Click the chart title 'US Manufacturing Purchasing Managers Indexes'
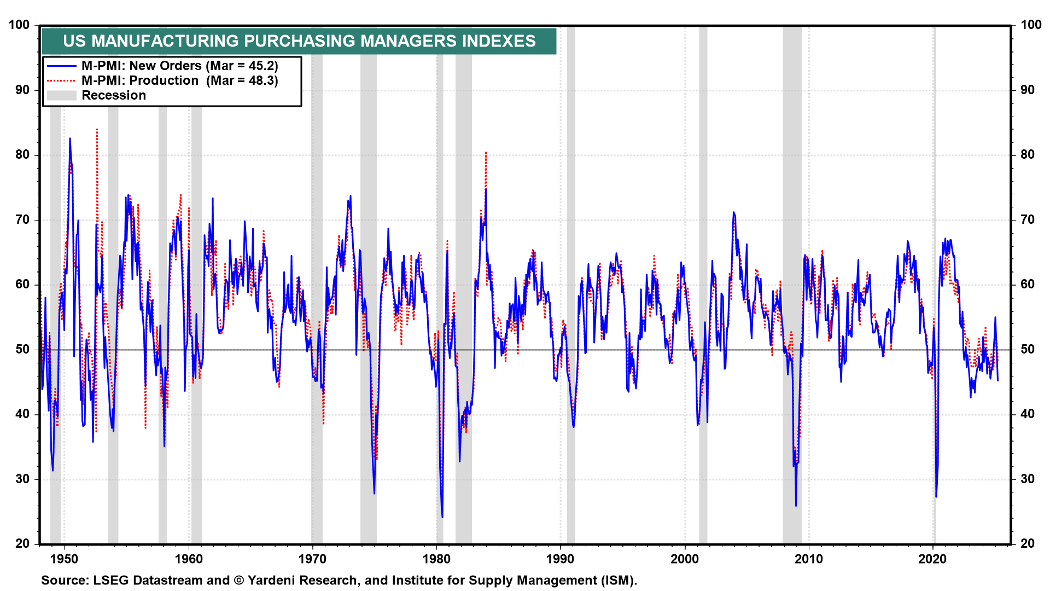[x=299, y=41]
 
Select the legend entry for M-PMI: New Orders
[x=179, y=66]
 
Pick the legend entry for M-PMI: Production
[x=179, y=80]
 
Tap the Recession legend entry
[x=114, y=95]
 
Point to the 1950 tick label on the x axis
[x=64, y=559]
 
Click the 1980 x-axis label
[x=436, y=559]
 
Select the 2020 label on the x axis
[x=932, y=559]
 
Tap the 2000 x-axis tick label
[x=685, y=559]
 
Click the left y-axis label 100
[x=19, y=25]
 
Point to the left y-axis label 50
[x=22, y=349]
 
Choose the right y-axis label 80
[x=1027, y=154]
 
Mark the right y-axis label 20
[x=1027, y=543]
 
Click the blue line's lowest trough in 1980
[x=442, y=517]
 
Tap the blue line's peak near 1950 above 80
[x=70, y=138]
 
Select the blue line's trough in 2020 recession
[x=936, y=496]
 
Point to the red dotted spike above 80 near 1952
[x=97, y=130]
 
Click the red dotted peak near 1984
[x=486, y=153]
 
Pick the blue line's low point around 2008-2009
[x=796, y=505]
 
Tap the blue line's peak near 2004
[x=733, y=212]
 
